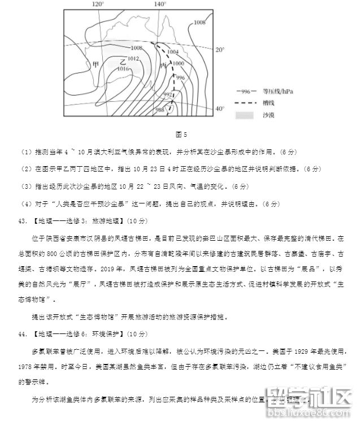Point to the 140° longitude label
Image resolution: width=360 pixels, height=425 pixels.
[x=160, y=4]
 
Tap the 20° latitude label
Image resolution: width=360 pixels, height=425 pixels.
[x=220, y=50]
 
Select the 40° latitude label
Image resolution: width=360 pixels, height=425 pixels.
[x=220, y=109]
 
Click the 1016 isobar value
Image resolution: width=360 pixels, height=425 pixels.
[x=123, y=68]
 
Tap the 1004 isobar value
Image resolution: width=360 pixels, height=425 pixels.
[x=174, y=52]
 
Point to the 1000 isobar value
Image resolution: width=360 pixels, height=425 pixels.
[x=179, y=64]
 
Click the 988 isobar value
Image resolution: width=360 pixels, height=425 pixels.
[x=160, y=110]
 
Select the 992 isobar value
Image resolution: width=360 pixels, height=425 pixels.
[x=168, y=94]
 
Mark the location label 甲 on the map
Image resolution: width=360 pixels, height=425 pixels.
[x=96, y=64]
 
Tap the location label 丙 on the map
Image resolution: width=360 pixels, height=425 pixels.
[x=164, y=66]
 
